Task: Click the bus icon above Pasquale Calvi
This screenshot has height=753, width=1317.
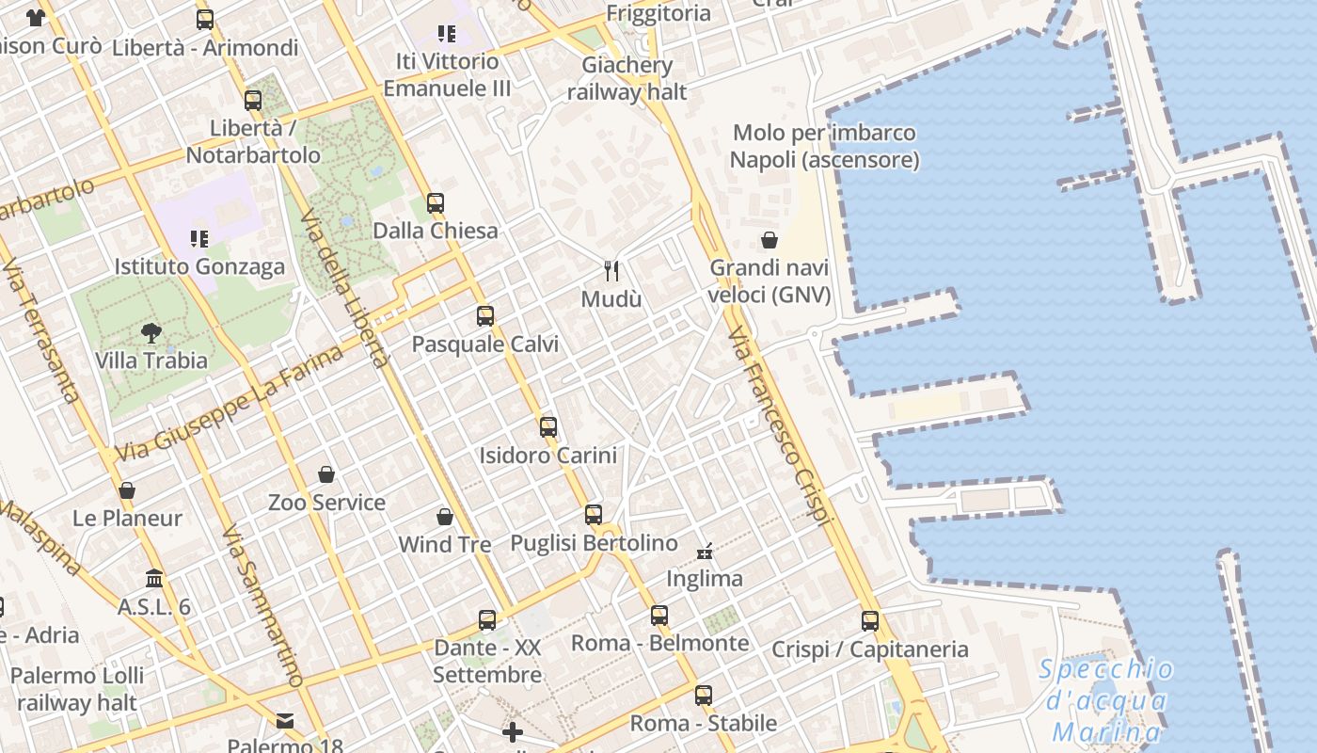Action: point(485,316)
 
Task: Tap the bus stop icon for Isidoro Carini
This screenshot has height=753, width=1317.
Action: point(548,427)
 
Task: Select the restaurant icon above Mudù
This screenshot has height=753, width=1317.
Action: point(611,271)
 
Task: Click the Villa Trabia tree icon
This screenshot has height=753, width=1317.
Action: point(151,332)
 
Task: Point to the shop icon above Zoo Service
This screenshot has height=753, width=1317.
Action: point(326,474)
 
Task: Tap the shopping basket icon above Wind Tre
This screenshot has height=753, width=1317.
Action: point(445,517)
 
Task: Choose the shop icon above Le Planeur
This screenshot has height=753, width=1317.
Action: point(127,490)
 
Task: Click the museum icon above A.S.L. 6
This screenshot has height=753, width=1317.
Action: point(154,578)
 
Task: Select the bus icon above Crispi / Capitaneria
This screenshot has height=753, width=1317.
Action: point(870,621)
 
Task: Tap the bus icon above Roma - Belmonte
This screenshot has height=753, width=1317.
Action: point(659,616)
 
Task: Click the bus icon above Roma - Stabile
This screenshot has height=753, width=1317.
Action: point(704,696)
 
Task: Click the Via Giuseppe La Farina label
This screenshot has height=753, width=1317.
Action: point(230,405)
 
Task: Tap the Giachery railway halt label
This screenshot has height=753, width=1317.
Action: point(627,78)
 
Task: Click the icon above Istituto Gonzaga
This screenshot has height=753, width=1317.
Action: point(198,239)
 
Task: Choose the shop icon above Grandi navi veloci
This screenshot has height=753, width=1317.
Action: point(770,240)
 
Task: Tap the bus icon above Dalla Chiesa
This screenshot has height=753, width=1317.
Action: point(435,202)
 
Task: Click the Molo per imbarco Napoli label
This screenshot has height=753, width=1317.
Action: point(824,146)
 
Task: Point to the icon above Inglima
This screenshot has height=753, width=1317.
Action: point(705,551)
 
